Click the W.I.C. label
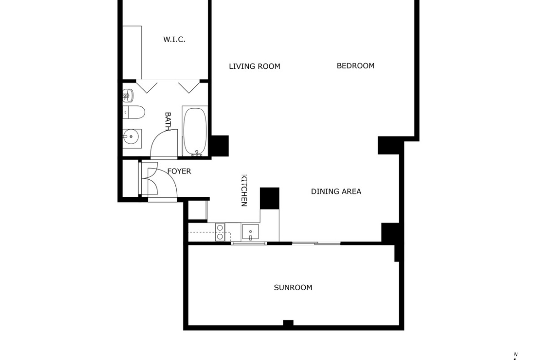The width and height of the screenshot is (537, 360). [x=174, y=39]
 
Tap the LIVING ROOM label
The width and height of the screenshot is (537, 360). [x=254, y=66]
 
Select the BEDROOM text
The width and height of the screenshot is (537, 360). [x=356, y=66]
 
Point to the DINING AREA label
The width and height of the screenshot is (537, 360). [x=336, y=191]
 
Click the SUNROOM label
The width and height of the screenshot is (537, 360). [x=293, y=288]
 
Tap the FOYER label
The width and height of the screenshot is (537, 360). [x=179, y=171]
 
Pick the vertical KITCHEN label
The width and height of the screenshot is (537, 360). [x=244, y=191]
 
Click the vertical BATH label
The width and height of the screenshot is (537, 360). [x=168, y=122]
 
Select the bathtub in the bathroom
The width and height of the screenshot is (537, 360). [x=195, y=131]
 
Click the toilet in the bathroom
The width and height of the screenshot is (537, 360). [x=134, y=112]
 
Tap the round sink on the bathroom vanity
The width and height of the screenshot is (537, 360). [x=130, y=137]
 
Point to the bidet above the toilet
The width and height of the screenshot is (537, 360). [x=128, y=96]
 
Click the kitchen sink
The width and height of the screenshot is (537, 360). [x=250, y=232]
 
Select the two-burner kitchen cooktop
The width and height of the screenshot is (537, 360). [x=220, y=232]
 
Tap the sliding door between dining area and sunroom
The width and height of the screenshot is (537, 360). [x=316, y=244]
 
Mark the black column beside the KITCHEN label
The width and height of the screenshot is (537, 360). [x=269, y=198]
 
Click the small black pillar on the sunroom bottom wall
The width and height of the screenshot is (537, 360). [x=288, y=323]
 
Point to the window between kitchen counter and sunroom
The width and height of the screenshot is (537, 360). [x=249, y=244]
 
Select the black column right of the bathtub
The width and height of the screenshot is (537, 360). [x=219, y=146]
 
